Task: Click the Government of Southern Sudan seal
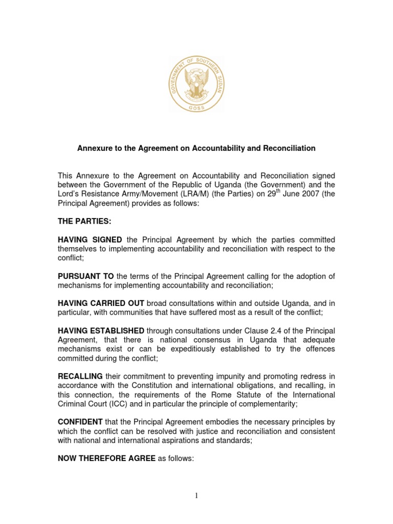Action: tap(196, 84)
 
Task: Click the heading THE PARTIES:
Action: tap(84, 221)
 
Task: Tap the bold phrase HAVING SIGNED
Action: tap(90, 239)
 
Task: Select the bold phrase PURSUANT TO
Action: tap(86, 276)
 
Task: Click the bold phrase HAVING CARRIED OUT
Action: tap(101, 304)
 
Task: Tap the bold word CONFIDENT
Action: tap(81, 422)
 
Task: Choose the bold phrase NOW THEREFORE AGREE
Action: tap(106, 459)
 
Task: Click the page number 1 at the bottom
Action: tap(196, 495)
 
